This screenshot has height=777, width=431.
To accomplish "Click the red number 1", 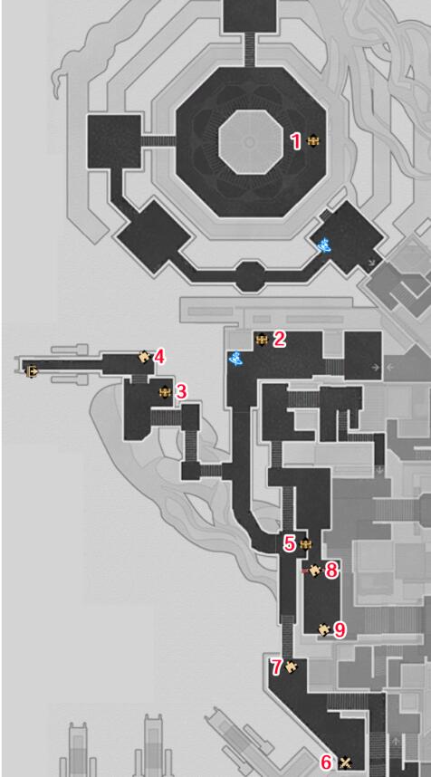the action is pyautogui.click(x=296, y=141).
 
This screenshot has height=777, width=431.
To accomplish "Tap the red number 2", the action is pyautogui.click(x=280, y=340).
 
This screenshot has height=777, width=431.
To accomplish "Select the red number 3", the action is pyautogui.click(x=181, y=392).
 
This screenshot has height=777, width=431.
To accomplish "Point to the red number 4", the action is pyautogui.click(x=159, y=357).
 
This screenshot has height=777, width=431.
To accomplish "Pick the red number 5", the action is pyautogui.click(x=290, y=543).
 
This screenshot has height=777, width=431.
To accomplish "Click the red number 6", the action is pyautogui.click(x=327, y=761).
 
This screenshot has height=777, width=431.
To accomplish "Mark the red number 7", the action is pyautogui.click(x=276, y=667).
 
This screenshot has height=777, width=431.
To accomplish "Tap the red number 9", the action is pyautogui.click(x=340, y=629).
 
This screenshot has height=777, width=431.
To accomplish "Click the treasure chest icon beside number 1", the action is pyautogui.click(x=313, y=141).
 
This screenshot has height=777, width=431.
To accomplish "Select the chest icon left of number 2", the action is pyautogui.click(x=262, y=340).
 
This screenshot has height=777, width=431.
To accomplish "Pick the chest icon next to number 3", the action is pyautogui.click(x=165, y=392).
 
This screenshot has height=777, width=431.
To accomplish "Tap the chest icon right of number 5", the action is pyautogui.click(x=306, y=544).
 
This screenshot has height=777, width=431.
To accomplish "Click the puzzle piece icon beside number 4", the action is pyautogui.click(x=144, y=356).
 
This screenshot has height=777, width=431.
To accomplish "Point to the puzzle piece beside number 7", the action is pyautogui.click(x=292, y=667).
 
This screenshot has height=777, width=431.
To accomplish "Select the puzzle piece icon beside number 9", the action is pyautogui.click(x=324, y=628).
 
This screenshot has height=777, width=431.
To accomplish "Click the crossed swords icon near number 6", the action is pyautogui.click(x=346, y=763).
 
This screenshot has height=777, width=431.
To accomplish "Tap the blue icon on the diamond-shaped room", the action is pyautogui.click(x=324, y=245).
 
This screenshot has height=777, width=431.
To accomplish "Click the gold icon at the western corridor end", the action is pyautogui.click(x=32, y=370).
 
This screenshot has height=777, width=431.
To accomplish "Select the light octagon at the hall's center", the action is pyautogui.click(x=250, y=142).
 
